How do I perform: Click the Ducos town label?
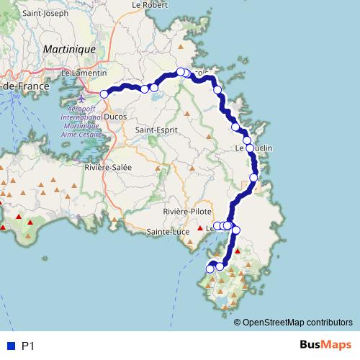(x=115, y=114)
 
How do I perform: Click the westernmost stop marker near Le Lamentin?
(x=104, y=94)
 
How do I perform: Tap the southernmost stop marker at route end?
(x=210, y=269)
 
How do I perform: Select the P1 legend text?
(x=28, y=346)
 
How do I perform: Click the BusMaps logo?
(x=325, y=346)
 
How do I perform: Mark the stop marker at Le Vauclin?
(x=250, y=148)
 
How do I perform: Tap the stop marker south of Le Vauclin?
(x=253, y=177)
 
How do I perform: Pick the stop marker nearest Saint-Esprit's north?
(x=154, y=88)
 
